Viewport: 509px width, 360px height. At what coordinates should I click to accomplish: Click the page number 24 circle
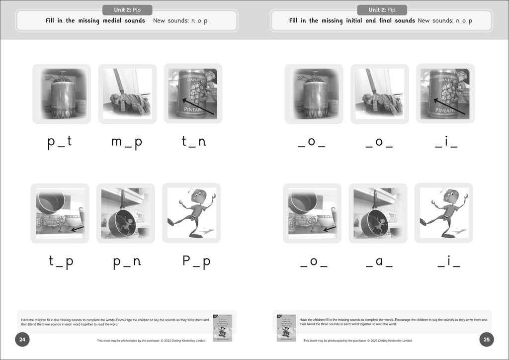coord(22,340)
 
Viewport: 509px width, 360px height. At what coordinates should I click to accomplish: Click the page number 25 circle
coord(487,340)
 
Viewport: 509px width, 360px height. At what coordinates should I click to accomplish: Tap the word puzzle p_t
coord(60,142)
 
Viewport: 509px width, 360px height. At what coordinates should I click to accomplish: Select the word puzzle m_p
coord(127,142)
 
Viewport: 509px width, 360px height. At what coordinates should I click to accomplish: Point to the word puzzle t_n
coord(193,142)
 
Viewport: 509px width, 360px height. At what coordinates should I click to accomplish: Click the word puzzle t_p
coord(61,262)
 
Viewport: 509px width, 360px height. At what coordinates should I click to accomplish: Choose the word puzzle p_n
coord(127,262)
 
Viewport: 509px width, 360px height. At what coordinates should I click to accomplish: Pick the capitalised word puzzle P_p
coord(196,262)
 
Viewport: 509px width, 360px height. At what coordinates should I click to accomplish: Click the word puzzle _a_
coord(379,262)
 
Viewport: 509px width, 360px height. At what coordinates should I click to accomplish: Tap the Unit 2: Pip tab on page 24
coord(127,10)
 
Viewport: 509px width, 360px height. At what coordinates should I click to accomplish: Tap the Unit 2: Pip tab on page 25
coord(382,10)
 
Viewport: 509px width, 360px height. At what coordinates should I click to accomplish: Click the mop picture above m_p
coord(127,93)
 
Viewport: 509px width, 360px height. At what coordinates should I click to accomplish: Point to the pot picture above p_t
coord(62,93)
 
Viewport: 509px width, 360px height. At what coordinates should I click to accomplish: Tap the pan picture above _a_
coord(378,213)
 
